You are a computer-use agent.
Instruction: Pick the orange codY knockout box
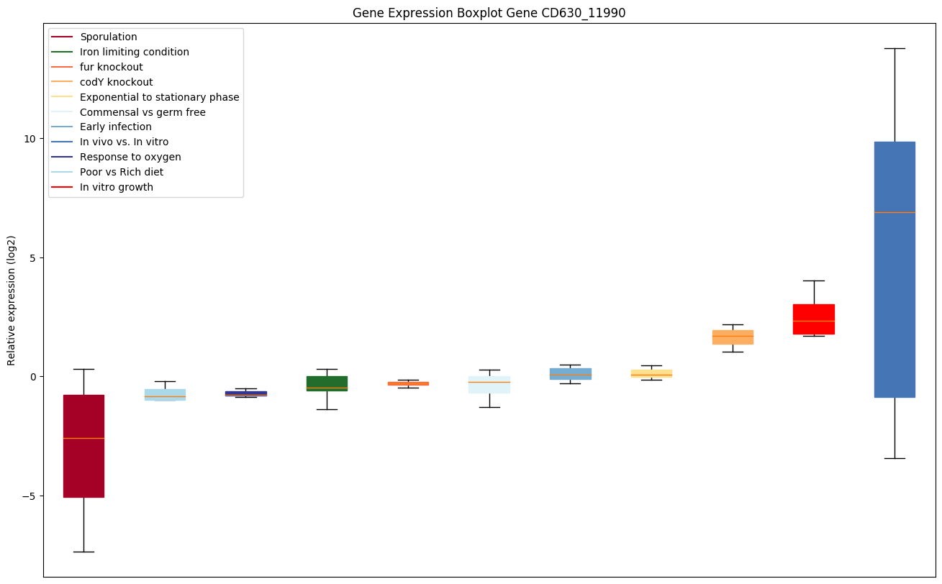(733, 337)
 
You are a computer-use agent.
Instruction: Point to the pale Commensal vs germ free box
(489, 385)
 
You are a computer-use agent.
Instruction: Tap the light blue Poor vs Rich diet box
(165, 394)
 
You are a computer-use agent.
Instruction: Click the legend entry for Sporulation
(109, 37)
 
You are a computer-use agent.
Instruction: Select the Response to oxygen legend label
(130, 157)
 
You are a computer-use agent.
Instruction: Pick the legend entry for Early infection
(116, 127)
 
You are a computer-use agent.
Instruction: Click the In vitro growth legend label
(117, 187)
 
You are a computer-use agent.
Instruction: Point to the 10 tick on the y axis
(29, 139)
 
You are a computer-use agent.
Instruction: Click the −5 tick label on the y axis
(27, 496)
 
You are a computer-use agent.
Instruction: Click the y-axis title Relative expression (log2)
(12, 300)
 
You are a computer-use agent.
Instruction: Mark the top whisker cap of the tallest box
(895, 48)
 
